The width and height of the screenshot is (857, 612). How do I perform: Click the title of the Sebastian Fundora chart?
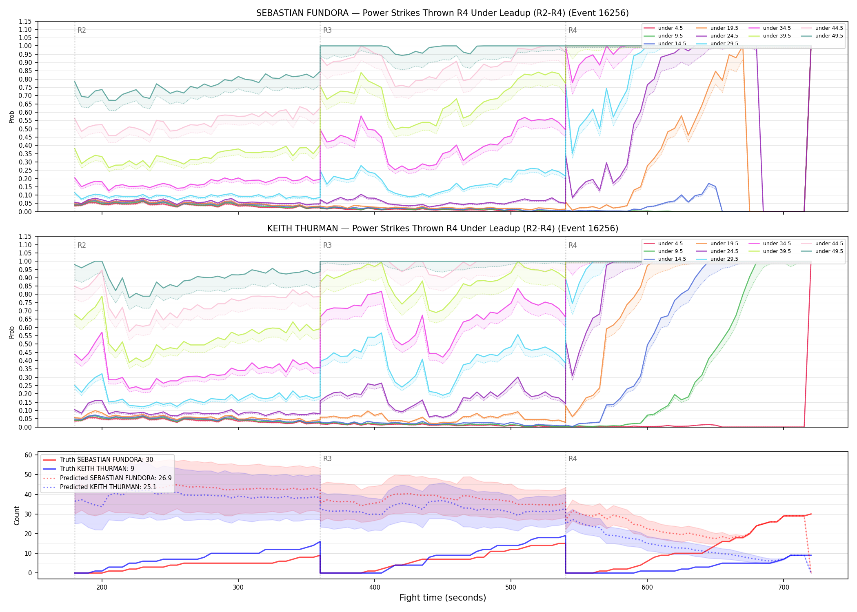coord(442,13)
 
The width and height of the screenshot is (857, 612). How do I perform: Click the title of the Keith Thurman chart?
coord(443,228)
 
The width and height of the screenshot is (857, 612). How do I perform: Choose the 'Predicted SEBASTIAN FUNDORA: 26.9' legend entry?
coord(107,478)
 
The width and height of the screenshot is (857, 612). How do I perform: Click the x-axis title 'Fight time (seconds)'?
coord(443,598)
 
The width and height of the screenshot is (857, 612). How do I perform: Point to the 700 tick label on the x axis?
coord(784,587)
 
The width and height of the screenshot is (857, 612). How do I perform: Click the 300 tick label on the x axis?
coord(238,587)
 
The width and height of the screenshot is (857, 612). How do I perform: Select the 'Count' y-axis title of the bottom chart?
coord(17,515)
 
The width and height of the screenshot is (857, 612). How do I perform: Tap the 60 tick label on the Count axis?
coord(28,455)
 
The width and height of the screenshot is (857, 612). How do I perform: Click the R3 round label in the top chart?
coord(327,30)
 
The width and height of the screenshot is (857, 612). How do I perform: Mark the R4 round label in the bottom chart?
coord(573,459)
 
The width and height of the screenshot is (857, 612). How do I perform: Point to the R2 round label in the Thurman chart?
coord(82,245)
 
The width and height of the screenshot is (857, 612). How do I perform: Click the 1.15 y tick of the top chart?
coord(25,21)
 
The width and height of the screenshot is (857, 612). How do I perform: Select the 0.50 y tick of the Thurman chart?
coord(25,344)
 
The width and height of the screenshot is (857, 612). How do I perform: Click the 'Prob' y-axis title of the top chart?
coord(12,117)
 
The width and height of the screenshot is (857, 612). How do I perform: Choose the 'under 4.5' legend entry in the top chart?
coord(663,28)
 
